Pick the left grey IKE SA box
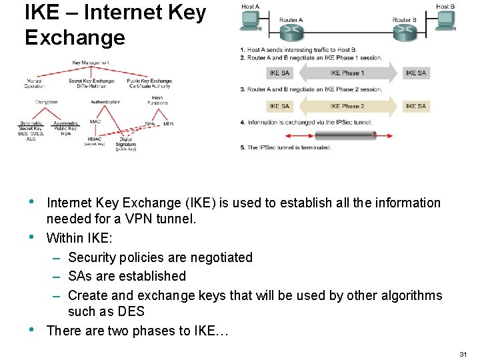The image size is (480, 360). pyautogui.click(x=279, y=73)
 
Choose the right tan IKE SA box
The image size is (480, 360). pyautogui.click(x=416, y=106)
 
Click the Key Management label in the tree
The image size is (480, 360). pyautogui.click(x=92, y=63)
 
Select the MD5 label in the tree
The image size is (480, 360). pyautogui.click(x=168, y=124)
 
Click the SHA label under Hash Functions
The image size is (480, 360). pyautogui.click(x=150, y=124)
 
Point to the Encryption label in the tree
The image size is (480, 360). pyautogui.click(x=47, y=102)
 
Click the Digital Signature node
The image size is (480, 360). pyautogui.click(x=125, y=142)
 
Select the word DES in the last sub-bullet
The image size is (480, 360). pyautogui.click(x=131, y=311)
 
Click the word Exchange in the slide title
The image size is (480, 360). pyautogui.click(x=75, y=37)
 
